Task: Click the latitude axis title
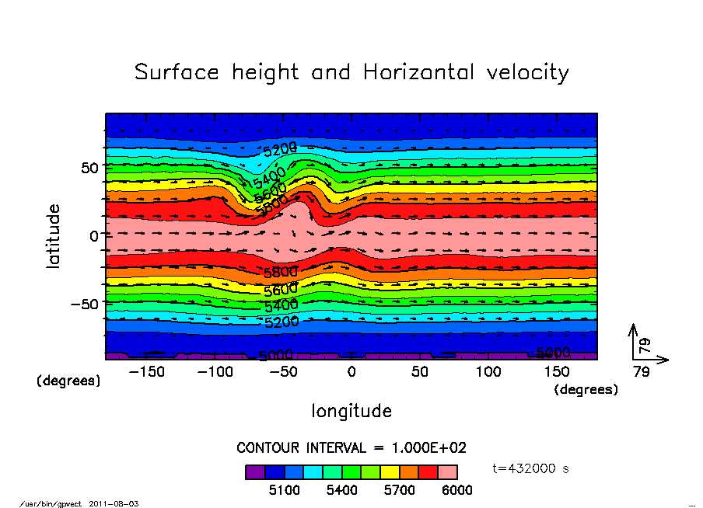[54, 236]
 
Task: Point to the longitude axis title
[351, 411]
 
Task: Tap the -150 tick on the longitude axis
[146, 372]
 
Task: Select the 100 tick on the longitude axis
[488, 372]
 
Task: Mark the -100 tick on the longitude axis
[215, 372]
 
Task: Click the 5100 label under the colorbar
[284, 491]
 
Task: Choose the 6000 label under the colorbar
[456, 491]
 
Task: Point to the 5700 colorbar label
[399, 491]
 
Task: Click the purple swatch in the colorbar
[255, 472]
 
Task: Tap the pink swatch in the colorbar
[447, 472]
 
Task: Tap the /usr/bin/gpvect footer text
[54, 503]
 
